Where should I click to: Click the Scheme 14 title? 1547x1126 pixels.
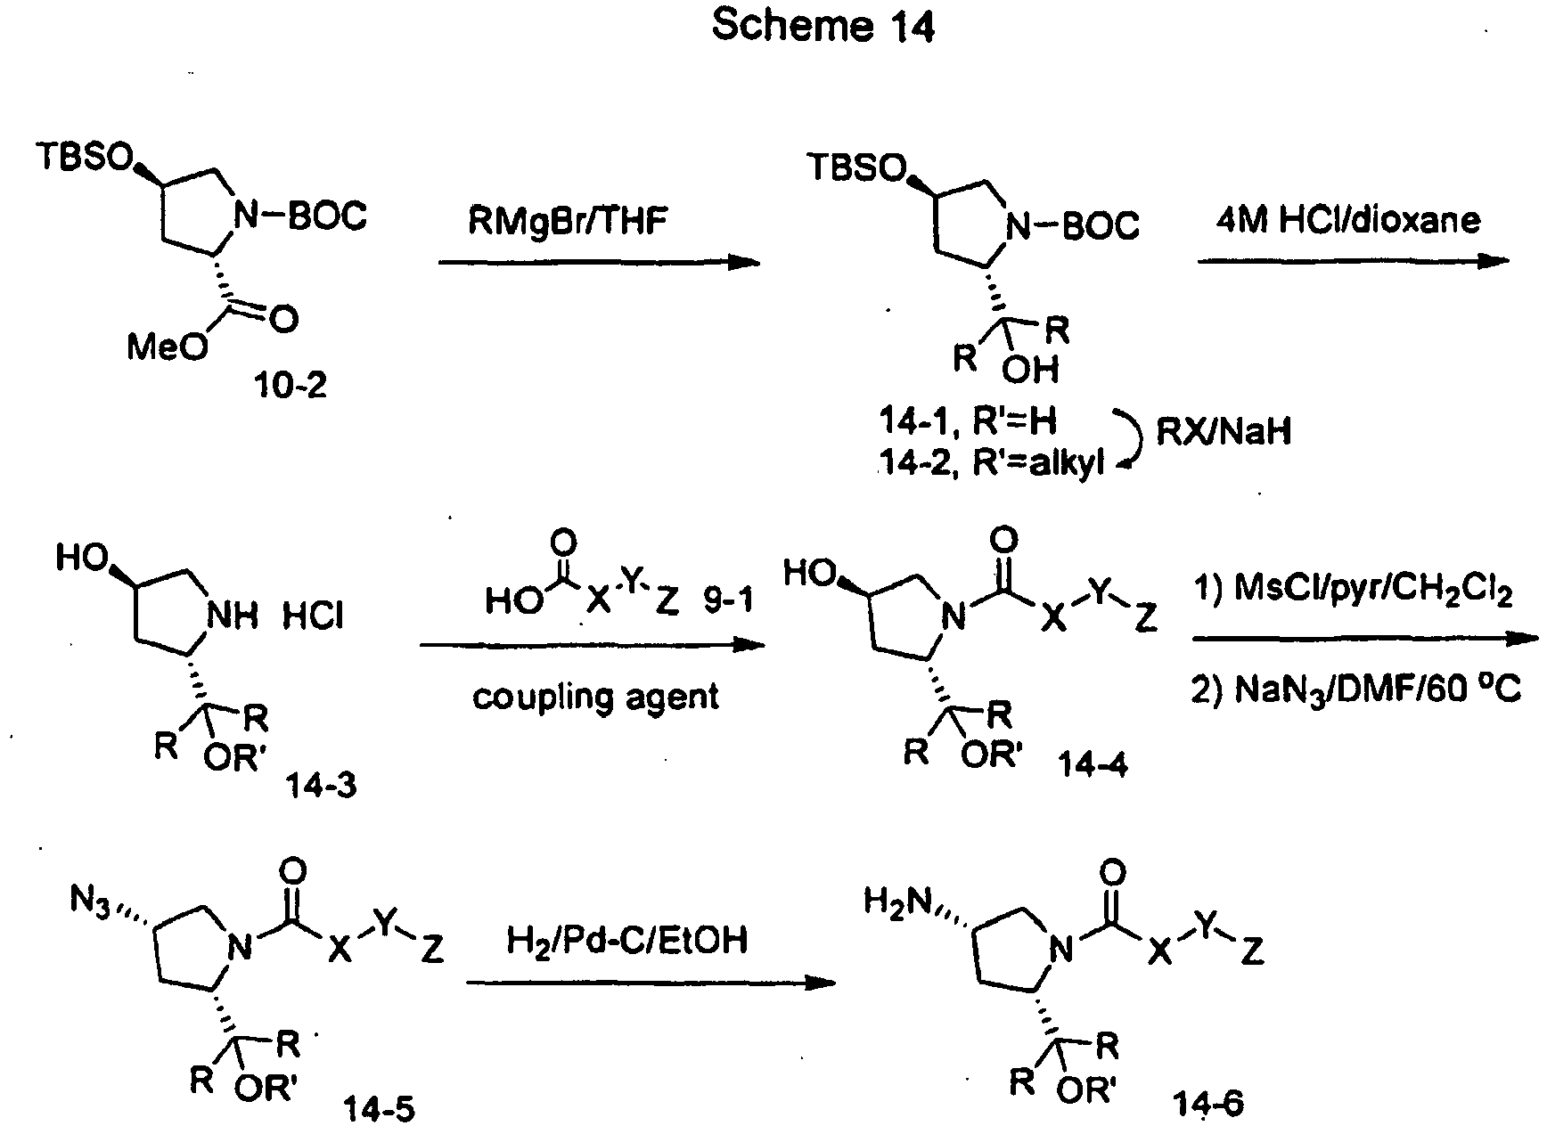pos(823,27)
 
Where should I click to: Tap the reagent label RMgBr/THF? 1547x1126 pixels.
pos(568,221)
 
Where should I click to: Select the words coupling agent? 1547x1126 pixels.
pos(595,696)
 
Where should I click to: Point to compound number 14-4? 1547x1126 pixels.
pos(1093,763)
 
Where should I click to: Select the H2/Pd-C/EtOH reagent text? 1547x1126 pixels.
pos(626,941)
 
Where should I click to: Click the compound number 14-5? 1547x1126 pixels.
pos(379,1107)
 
